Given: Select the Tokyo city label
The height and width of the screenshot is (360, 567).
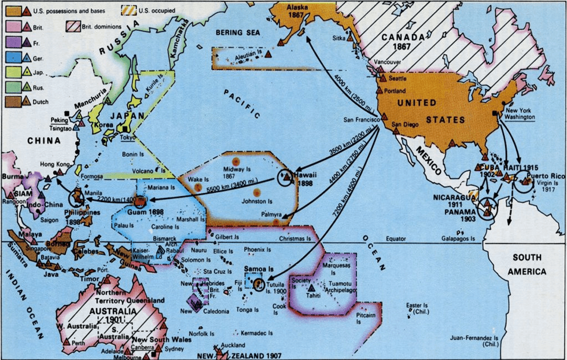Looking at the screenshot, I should pyautogui.click(x=129, y=138).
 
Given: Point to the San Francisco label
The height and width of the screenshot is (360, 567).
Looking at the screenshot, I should pyautogui.click(x=360, y=120).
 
